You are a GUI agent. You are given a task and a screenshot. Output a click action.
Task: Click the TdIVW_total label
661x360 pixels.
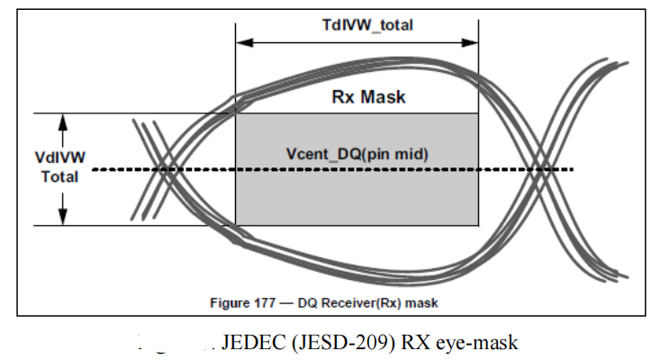click(x=356, y=25)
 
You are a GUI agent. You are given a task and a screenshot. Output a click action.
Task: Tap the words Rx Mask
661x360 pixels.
click(x=357, y=96)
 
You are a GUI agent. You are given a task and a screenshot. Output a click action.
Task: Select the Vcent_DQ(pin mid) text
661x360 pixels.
click(x=357, y=154)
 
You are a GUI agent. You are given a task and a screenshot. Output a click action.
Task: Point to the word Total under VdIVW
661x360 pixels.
click(x=59, y=176)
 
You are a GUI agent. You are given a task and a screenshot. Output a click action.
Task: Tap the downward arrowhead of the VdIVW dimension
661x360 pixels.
click(x=64, y=219)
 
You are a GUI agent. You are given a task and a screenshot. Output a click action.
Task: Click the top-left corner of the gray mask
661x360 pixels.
click(x=235, y=113)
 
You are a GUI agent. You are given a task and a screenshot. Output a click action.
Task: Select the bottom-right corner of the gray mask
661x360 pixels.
click(x=479, y=225)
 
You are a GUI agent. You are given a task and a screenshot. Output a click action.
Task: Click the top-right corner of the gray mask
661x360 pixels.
click(x=479, y=113)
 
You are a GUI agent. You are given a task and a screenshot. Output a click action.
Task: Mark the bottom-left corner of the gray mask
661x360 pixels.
click(x=235, y=225)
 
